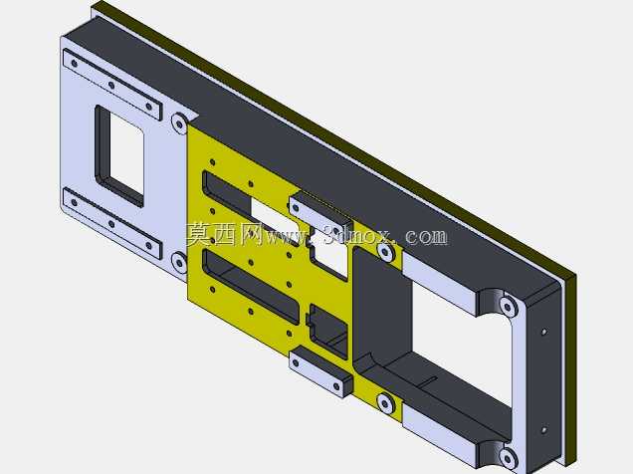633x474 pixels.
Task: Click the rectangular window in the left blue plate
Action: tap(119, 155)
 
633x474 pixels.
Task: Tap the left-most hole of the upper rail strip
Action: tap(75, 63)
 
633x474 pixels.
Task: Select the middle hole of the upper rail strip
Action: tap(111, 86)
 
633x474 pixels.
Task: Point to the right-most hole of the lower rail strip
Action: tap(149, 246)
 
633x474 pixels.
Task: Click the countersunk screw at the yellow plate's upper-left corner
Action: tap(179, 122)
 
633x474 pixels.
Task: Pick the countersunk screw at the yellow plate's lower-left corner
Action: tap(179, 262)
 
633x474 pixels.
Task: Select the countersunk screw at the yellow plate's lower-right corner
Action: tap(385, 403)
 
